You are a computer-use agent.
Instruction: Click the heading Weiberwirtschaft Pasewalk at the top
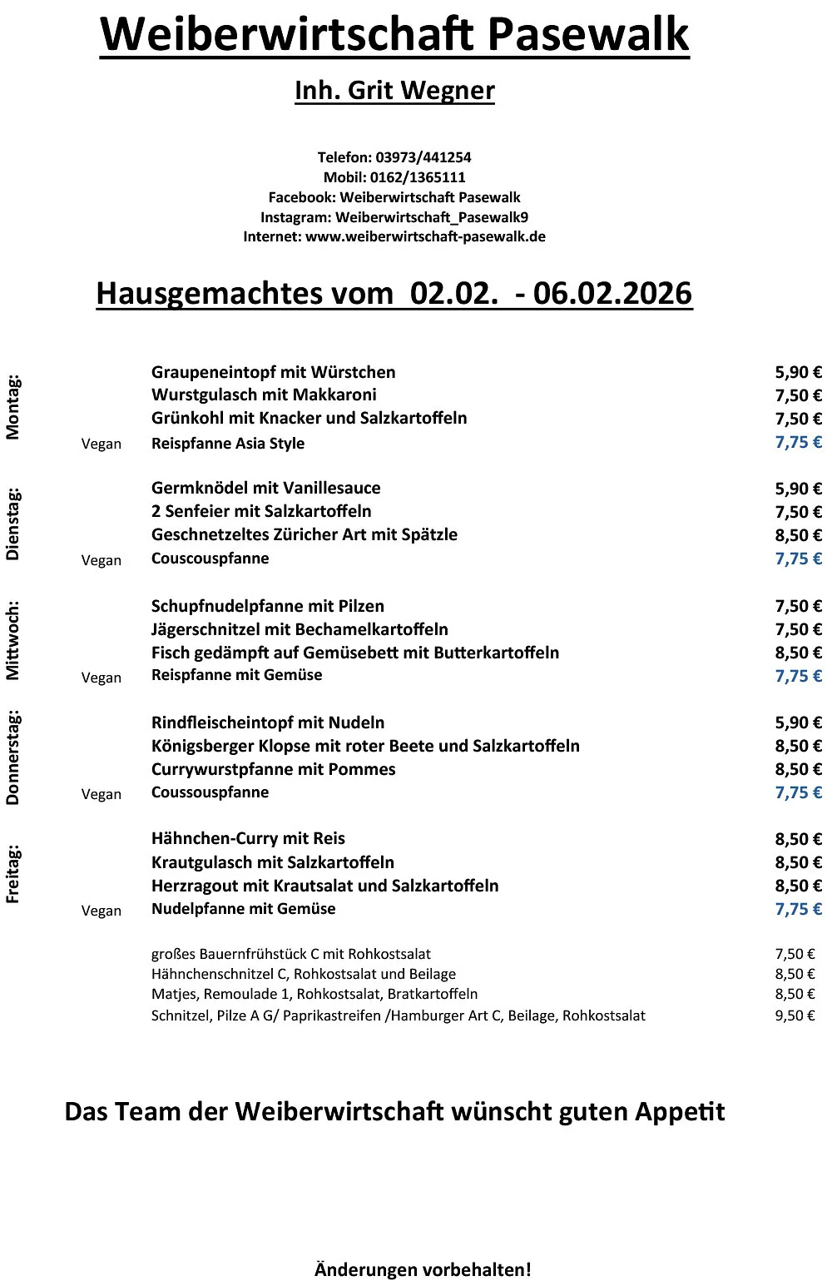click(394, 35)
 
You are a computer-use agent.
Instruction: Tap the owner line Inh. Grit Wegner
click(394, 90)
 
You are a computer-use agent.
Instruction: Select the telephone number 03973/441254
click(423, 157)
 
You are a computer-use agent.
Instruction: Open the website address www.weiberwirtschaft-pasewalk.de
click(425, 237)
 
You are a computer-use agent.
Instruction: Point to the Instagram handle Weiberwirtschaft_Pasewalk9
click(431, 217)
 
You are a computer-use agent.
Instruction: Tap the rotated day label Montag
click(12, 408)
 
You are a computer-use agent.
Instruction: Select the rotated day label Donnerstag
click(12, 757)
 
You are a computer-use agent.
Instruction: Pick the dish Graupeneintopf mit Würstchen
click(273, 372)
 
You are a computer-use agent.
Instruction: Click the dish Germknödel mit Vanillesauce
click(265, 488)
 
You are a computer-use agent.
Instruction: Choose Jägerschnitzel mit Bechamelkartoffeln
click(300, 629)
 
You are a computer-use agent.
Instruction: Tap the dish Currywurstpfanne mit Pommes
click(273, 769)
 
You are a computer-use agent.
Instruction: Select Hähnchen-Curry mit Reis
click(248, 838)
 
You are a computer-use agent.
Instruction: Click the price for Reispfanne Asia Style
click(798, 442)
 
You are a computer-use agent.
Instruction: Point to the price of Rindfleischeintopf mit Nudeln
click(798, 722)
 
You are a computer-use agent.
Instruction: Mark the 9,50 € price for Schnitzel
click(795, 1015)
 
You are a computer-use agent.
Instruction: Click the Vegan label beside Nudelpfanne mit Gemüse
click(102, 911)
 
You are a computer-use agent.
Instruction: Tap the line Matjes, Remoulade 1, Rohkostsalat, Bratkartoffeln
click(314, 994)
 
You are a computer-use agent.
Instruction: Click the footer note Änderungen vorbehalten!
click(423, 1269)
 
